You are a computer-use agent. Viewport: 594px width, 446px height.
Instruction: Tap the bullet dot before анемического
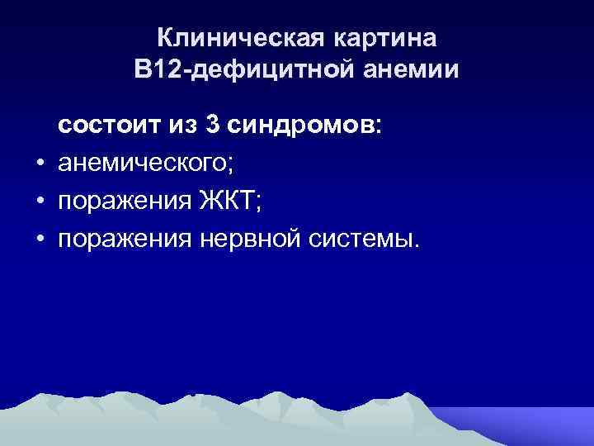pos(40,164)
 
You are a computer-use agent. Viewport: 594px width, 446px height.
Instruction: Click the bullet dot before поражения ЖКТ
pos(40,202)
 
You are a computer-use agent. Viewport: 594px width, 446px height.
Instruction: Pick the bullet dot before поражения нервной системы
pos(40,240)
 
